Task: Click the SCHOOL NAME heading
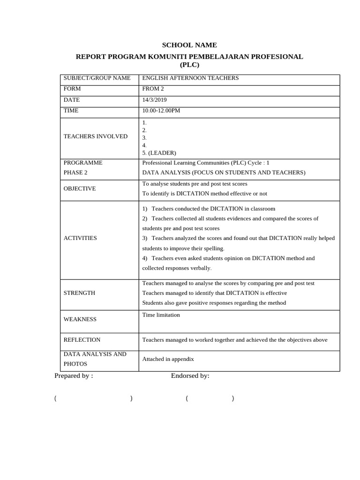coord(189,45)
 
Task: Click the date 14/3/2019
coord(154,100)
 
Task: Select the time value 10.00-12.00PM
coord(161,111)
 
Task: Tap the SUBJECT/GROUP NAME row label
coord(97,78)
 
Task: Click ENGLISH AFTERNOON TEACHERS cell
coord(190,78)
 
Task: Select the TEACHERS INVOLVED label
coord(96,136)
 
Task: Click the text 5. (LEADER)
coord(159,153)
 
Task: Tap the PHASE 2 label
coord(75,172)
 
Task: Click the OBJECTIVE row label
coord(80,188)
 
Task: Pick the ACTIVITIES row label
coord(80,238)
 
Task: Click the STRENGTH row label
coord(79,293)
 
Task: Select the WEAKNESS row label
coord(80,319)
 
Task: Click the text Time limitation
coord(161,315)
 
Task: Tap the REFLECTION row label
coord(82,340)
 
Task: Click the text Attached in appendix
coord(168,359)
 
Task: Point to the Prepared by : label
coord(74,375)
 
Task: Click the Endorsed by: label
coord(190,375)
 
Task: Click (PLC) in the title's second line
coord(189,65)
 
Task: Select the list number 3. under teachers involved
coord(144,138)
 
